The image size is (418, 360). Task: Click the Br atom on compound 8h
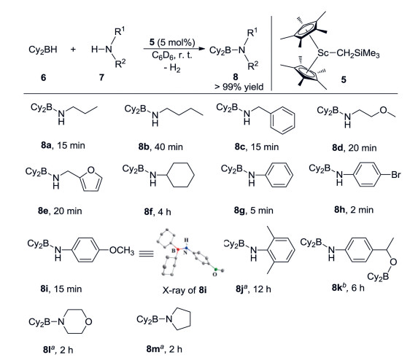(x=395, y=175)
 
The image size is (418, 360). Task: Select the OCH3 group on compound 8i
(x=122, y=250)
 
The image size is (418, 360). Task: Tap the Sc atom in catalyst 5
(x=322, y=53)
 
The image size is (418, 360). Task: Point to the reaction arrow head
(x=202, y=49)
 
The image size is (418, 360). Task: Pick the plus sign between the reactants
(x=73, y=50)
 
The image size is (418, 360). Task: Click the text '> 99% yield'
(x=239, y=87)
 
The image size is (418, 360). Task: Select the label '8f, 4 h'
(x=158, y=211)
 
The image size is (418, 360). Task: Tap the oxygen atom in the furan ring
(x=90, y=170)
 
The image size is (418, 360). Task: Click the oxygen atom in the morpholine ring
(x=88, y=321)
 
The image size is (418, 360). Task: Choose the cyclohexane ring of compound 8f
(x=180, y=175)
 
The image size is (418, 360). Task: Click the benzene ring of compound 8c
(x=282, y=120)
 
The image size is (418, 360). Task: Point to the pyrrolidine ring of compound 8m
(x=181, y=318)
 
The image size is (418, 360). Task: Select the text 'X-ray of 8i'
(x=185, y=290)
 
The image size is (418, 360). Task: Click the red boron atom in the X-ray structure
(x=178, y=249)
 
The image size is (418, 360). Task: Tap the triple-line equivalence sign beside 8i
(x=146, y=254)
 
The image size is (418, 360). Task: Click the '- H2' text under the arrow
(x=172, y=68)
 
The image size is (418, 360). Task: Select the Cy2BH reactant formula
(x=42, y=50)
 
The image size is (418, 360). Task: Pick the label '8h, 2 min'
(x=354, y=210)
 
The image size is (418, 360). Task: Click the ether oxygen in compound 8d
(x=383, y=110)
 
